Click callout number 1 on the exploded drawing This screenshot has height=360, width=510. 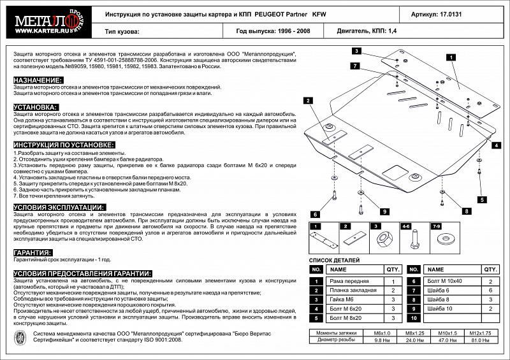point(451,57)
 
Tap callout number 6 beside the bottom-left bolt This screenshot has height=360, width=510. point(315,213)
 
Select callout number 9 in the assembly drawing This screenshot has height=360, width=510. point(384,212)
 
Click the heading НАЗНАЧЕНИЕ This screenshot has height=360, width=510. point(38,80)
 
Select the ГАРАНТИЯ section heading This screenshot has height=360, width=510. point(33,252)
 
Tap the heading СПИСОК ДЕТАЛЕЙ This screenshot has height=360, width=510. point(335,260)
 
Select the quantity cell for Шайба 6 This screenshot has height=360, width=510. point(490,290)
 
